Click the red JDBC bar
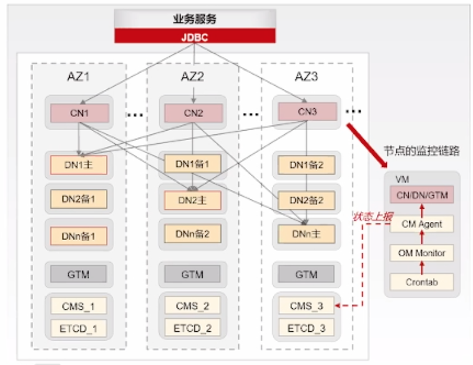tap(195, 36)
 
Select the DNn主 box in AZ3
tap(306, 234)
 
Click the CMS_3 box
tap(306, 306)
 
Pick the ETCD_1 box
tap(79, 328)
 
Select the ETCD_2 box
tap(193, 328)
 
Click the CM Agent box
tap(422, 224)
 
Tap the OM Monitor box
tap(422, 252)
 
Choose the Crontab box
tap(422, 282)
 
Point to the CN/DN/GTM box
tap(422, 195)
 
